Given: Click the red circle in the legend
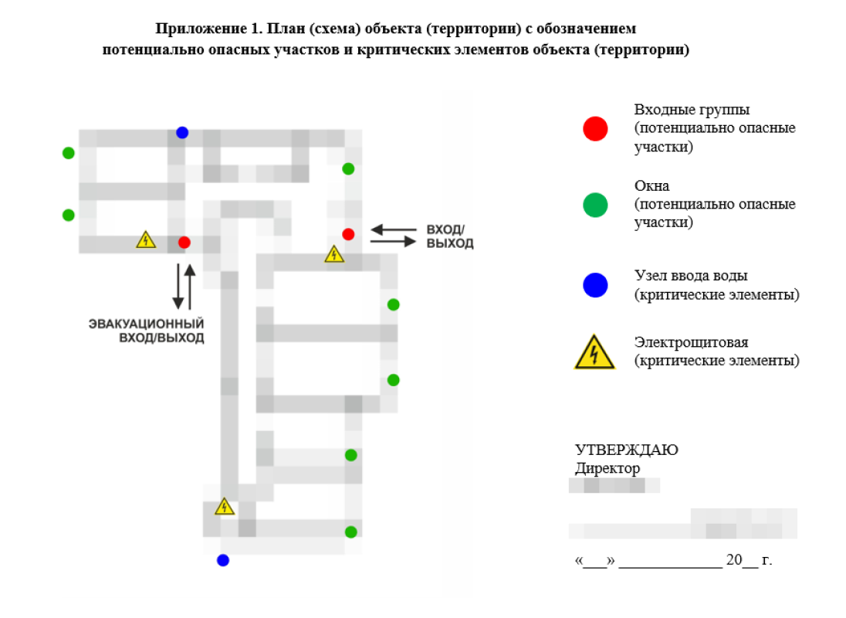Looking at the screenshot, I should [x=595, y=129].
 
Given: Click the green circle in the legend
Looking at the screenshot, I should [x=595, y=205].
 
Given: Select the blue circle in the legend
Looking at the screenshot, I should [x=595, y=285].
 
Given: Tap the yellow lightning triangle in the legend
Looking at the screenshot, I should [x=594, y=353].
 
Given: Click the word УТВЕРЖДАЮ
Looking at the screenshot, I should [x=626, y=450].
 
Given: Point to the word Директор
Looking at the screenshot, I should [x=607, y=468].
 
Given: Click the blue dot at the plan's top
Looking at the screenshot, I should [x=182, y=132].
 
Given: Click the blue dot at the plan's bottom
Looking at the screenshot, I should [x=223, y=560].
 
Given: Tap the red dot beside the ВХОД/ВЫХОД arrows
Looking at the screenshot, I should [x=348, y=234].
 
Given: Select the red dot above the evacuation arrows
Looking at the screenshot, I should [x=184, y=243].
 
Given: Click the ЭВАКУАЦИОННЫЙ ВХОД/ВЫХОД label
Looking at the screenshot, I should [x=146, y=331].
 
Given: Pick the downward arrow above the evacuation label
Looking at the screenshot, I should [x=178, y=286].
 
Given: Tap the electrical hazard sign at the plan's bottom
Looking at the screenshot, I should [x=224, y=507].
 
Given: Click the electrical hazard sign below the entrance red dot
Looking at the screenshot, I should [x=334, y=253].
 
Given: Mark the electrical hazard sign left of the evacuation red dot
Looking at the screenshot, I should [x=146, y=239].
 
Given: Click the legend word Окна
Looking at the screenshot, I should [x=651, y=186].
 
